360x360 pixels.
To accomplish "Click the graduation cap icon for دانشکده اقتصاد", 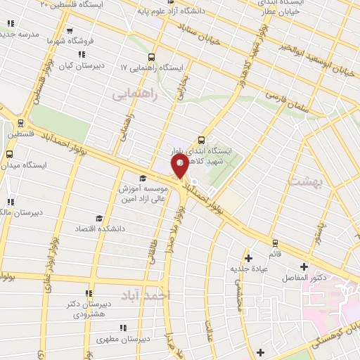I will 99,218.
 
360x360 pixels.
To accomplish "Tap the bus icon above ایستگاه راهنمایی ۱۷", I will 150,57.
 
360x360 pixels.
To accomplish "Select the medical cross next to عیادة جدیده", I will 248,258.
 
